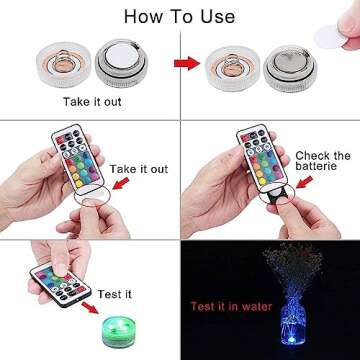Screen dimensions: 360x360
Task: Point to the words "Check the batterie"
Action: click(x=321, y=163)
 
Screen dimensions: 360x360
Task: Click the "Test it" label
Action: click(x=113, y=294)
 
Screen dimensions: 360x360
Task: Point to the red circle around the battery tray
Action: click(x=270, y=193)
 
